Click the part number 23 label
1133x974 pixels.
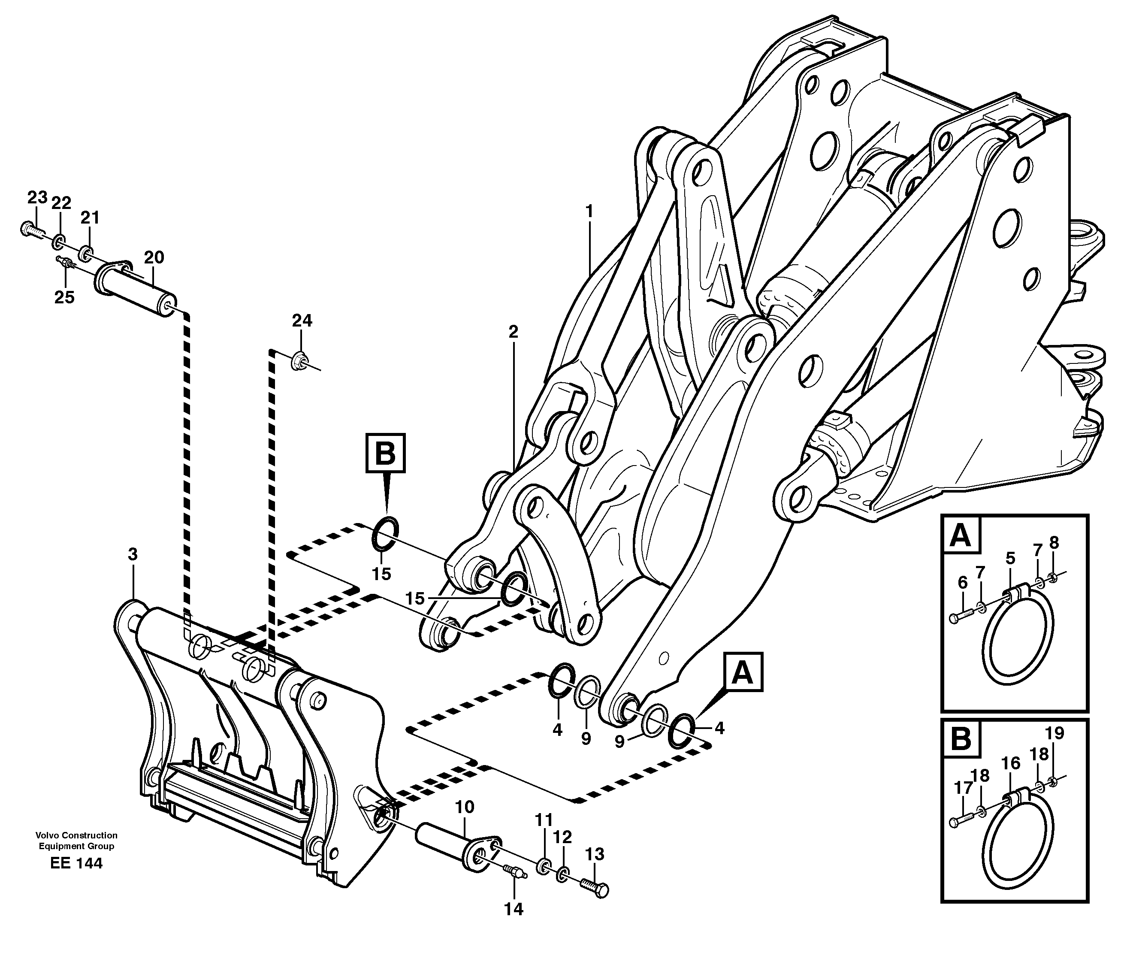[x=38, y=197]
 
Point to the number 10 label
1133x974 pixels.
[x=464, y=807]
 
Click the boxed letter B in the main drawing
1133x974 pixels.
[x=386, y=453]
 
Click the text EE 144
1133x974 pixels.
[x=76, y=864]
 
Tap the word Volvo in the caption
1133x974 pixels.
[x=48, y=835]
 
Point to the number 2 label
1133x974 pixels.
[x=513, y=331]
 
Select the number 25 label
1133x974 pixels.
[x=64, y=297]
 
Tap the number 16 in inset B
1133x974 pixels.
[x=1011, y=763]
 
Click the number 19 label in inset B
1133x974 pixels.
[x=1055, y=733]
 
